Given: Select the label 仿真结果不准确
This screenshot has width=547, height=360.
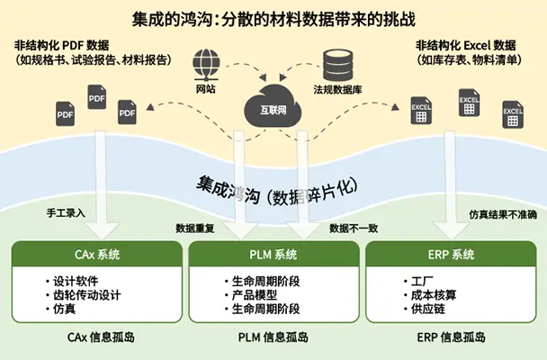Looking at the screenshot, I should tap(502, 215).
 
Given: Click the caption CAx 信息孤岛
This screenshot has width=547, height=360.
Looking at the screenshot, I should tap(97, 338).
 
